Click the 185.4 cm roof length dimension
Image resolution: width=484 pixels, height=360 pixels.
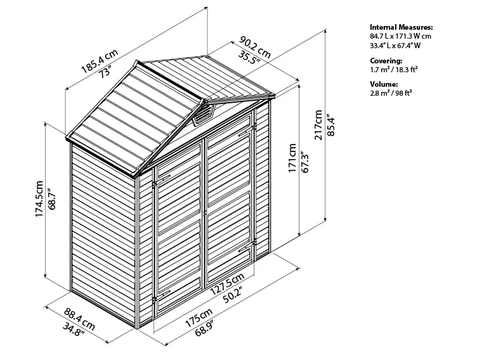(100, 61)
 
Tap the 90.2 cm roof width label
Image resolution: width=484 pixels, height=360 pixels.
(255, 46)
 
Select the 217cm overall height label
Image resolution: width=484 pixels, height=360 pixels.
(318, 125)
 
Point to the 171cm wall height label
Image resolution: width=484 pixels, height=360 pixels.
(292, 158)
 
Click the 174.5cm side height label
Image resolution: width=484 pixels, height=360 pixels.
(39, 198)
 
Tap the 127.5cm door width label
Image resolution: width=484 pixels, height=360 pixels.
(228, 283)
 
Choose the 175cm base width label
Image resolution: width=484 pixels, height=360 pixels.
(199, 318)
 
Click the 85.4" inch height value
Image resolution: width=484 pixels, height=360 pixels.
(331, 125)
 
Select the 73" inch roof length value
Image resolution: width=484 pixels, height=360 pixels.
(105, 72)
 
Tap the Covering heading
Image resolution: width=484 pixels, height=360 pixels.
(386, 61)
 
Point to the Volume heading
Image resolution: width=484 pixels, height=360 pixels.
(384, 84)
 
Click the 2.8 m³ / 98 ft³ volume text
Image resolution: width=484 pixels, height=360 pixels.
(391, 93)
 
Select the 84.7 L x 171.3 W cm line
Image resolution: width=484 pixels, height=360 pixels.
(400, 36)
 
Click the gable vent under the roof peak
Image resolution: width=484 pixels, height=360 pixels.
(202, 115)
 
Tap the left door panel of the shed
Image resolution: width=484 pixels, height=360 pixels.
(179, 228)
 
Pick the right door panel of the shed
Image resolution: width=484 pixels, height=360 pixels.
(230, 198)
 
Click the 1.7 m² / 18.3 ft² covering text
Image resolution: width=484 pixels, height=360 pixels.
(394, 70)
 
